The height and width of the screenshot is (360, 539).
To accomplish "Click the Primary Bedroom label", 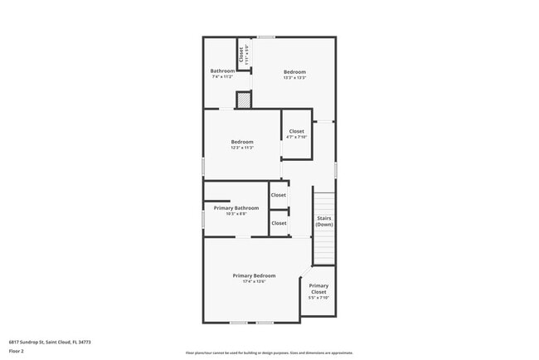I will pyautogui.click(x=254, y=275).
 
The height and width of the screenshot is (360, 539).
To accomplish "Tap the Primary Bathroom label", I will pyautogui.click(x=236, y=207).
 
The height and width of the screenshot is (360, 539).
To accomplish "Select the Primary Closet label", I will pyautogui.click(x=318, y=289).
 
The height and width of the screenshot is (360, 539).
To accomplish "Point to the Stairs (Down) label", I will pyautogui.click(x=324, y=221).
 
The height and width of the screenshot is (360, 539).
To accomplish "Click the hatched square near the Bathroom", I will pyautogui.click(x=243, y=100).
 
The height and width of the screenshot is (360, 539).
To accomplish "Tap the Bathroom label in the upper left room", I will pyautogui.click(x=222, y=71).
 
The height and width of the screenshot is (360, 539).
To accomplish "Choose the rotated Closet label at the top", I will pyautogui.click(x=241, y=56).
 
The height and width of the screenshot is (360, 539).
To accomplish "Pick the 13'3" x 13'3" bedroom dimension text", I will pyautogui.click(x=295, y=77).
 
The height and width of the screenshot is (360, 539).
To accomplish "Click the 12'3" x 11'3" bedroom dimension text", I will pyautogui.click(x=242, y=148).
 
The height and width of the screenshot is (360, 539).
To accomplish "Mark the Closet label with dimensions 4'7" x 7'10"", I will pyautogui.click(x=296, y=131).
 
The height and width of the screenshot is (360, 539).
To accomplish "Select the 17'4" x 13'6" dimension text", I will pyautogui.click(x=254, y=281).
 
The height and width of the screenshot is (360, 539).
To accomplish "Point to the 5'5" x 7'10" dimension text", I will pyautogui.click(x=318, y=298).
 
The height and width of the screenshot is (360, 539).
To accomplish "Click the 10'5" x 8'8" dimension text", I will pyautogui.click(x=236, y=213).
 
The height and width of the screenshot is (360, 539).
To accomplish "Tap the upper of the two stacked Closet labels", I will pyautogui.click(x=279, y=195).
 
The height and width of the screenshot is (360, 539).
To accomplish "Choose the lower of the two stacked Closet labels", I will pyautogui.click(x=279, y=223).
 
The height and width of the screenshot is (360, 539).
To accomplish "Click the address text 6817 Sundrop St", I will pyautogui.click(x=50, y=341).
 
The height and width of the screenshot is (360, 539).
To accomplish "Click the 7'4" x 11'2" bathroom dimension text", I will pyautogui.click(x=222, y=76).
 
